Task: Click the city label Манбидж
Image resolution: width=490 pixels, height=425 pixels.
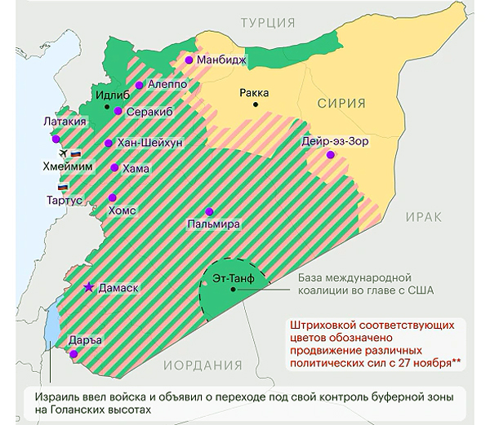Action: pos(223,60)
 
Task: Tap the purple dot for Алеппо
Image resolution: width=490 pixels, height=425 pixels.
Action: pos(140,85)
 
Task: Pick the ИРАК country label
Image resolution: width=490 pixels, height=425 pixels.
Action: pos(422,218)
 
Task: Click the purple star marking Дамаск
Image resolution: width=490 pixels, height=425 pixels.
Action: pos(89,287)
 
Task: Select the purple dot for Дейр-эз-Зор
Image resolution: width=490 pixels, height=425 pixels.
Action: pos(330,154)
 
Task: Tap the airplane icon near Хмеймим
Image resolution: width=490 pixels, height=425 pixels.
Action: pos(60,153)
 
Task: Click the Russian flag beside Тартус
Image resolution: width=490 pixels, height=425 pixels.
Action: pos(62,187)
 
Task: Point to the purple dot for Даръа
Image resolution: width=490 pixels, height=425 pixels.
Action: pos(74,354)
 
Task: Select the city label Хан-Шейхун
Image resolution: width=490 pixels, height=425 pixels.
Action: pos(150,143)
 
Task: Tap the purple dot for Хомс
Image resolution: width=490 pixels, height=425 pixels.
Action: pos(113,197)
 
